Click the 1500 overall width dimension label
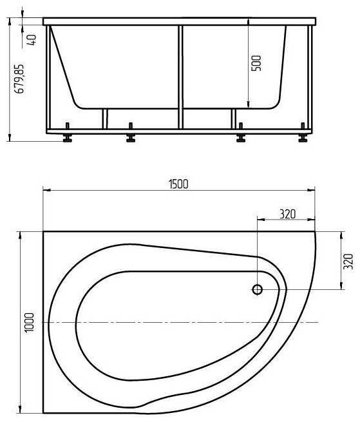click(178, 184)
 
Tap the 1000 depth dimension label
click(30, 323)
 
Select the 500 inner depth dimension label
click(256, 63)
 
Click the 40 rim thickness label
click(32, 40)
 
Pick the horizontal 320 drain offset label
click(287, 214)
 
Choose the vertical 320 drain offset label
click(348, 261)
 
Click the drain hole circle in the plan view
click(257, 289)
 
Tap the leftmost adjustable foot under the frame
click(67, 133)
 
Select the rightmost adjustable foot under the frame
click(303, 133)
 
